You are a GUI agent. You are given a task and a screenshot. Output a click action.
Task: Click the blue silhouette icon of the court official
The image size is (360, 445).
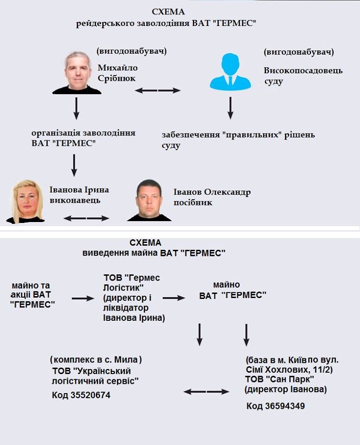point(230,72)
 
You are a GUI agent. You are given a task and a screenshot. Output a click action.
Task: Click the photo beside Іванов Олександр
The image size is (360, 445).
point(149,201)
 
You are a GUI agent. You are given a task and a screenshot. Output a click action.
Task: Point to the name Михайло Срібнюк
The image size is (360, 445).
point(117,73)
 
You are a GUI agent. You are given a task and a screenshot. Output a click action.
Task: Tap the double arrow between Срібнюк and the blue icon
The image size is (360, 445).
point(158,90)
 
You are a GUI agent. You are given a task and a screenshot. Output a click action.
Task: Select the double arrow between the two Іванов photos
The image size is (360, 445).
point(86,218)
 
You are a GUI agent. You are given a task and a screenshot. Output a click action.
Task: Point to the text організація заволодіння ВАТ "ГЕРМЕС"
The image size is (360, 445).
point(83,138)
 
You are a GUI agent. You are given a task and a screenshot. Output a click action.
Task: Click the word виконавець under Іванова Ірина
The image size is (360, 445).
point(75,200)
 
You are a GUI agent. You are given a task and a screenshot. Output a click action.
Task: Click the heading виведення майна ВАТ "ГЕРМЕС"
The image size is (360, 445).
point(154,253)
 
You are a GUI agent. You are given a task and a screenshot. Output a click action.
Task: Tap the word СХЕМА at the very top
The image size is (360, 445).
point(169,12)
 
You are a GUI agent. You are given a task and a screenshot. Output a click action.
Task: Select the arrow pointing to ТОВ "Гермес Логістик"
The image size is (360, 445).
point(83,299)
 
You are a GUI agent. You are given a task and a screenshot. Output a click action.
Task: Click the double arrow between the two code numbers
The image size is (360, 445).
point(206,392)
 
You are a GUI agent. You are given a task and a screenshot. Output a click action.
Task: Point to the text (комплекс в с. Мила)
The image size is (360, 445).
point(96,360)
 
